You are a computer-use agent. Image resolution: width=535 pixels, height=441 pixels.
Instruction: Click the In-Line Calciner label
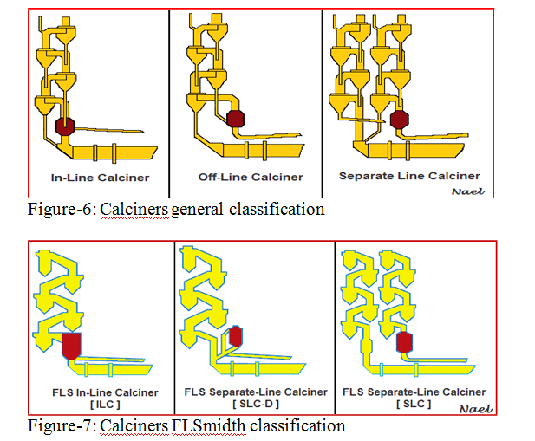[100, 178]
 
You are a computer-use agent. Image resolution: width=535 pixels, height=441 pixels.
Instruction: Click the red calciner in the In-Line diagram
[64, 125]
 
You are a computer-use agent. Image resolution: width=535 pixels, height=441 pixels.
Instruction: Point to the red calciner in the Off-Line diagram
[235, 119]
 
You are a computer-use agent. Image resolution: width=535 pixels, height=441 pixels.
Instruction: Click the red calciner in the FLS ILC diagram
[72, 344]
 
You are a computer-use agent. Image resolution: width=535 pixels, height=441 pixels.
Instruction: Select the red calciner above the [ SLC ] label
[404, 340]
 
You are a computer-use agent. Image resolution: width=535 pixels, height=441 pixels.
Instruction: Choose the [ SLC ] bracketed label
[414, 405]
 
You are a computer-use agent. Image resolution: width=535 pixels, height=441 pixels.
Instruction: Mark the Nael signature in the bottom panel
[476, 408]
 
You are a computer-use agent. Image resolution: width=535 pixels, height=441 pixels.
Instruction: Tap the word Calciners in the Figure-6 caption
[133, 209]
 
